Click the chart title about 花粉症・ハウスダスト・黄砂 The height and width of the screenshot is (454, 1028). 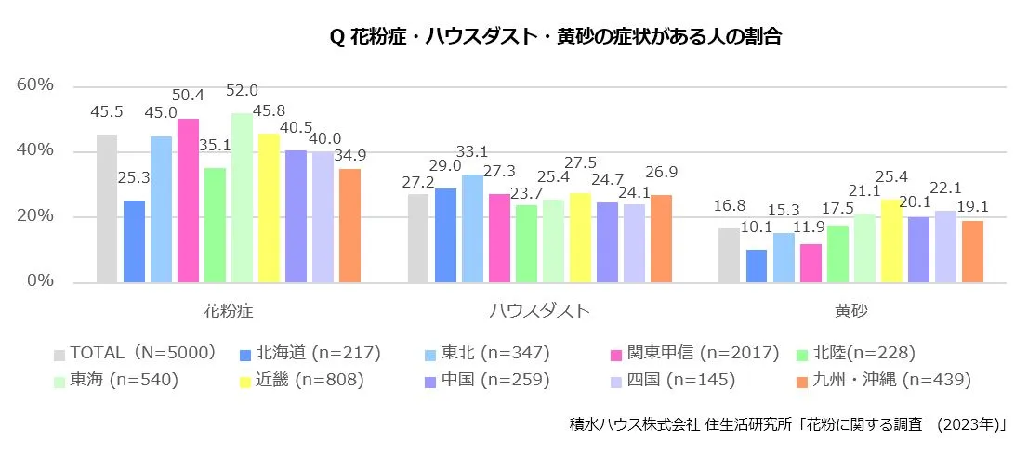[556, 37]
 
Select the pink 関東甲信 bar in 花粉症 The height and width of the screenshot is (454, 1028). [188, 201]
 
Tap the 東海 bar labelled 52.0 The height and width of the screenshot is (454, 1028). [242, 198]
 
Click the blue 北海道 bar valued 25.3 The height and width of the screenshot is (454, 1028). [134, 241]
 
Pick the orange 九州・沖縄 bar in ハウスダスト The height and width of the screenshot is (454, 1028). [660, 239]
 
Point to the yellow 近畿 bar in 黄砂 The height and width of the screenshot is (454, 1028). [891, 241]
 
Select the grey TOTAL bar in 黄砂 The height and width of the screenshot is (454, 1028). [729, 255]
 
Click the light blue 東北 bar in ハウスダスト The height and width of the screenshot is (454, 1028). [472, 228]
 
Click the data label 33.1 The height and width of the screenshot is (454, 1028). [473, 152]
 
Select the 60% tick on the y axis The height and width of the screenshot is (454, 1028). [36, 85]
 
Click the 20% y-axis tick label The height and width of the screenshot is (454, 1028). [36, 217]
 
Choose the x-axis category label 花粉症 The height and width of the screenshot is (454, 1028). [228, 310]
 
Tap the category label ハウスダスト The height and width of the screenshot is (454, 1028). [539, 310]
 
